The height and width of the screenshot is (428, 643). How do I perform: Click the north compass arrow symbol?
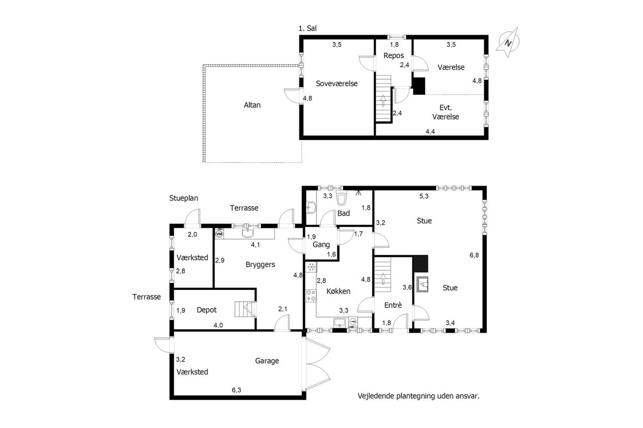click(x=508, y=43)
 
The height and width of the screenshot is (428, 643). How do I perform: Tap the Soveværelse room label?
click(x=337, y=83)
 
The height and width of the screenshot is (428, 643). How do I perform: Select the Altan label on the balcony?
click(x=252, y=105)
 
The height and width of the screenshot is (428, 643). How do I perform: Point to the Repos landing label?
click(x=393, y=56)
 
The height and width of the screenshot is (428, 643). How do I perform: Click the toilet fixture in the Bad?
click(x=341, y=198)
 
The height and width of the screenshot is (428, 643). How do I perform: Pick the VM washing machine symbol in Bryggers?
click(x=219, y=234)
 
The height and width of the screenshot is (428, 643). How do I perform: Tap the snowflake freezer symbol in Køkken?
click(x=310, y=267)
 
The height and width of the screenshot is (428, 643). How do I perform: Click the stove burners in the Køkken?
click(x=310, y=296)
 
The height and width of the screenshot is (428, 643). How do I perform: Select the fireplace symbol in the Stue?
click(x=422, y=284)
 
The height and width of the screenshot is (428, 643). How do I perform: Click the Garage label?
click(x=267, y=361)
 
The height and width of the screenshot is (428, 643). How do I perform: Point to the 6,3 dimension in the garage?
click(x=237, y=390)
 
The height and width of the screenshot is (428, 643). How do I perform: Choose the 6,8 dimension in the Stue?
click(x=474, y=255)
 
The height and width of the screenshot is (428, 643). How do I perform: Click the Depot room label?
click(x=206, y=310)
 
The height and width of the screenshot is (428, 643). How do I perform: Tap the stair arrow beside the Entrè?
click(x=383, y=278)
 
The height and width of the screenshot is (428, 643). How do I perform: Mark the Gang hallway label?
click(x=321, y=244)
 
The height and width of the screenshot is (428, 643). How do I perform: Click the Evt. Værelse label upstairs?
click(x=446, y=112)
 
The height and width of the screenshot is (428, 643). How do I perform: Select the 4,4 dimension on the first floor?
click(x=430, y=131)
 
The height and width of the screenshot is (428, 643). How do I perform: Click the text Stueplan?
click(x=183, y=198)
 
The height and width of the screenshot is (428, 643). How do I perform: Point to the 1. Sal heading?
click(x=307, y=29)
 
